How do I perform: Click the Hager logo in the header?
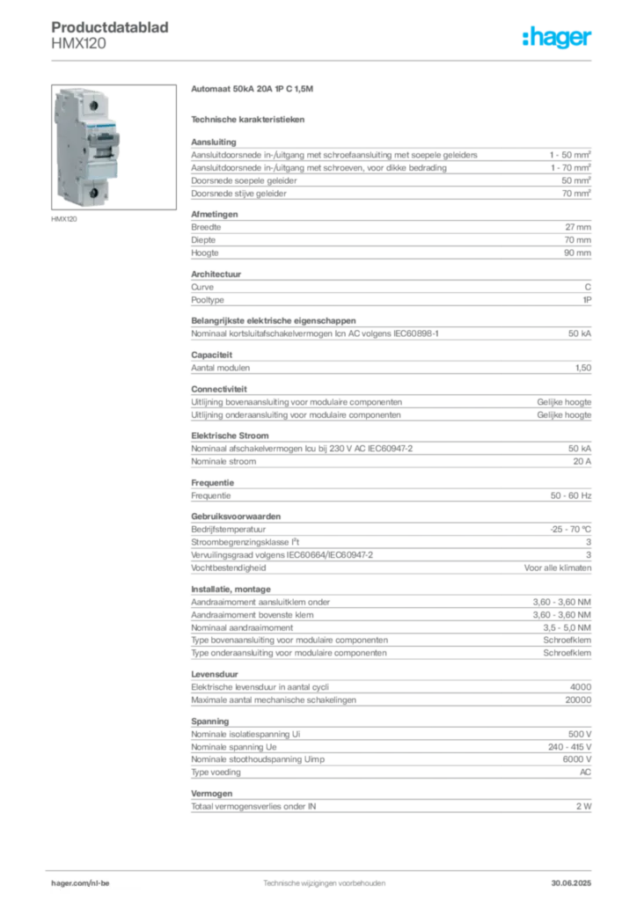click(556, 37)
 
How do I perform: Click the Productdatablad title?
click(110, 27)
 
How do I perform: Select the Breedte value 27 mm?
click(578, 227)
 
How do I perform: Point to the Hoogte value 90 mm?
click(577, 253)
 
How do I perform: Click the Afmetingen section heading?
click(215, 214)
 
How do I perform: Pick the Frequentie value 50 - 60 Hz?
click(570, 495)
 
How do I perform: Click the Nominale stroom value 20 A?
click(582, 461)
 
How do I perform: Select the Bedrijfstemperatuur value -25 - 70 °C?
click(570, 529)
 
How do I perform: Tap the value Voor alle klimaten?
click(557, 568)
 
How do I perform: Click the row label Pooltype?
click(208, 300)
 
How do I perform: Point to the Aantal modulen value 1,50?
click(583, 368)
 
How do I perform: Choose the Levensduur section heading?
click(215, 674)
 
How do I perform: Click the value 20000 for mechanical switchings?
click(578, 700)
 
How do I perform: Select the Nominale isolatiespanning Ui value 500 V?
click(580, 735)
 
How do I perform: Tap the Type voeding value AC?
click(585, 773)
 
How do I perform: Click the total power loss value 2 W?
click(583, 807)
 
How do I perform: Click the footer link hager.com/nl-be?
click(80, 883)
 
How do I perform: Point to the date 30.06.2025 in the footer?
click(571, 883)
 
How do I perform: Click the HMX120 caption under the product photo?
click(63, 219)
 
